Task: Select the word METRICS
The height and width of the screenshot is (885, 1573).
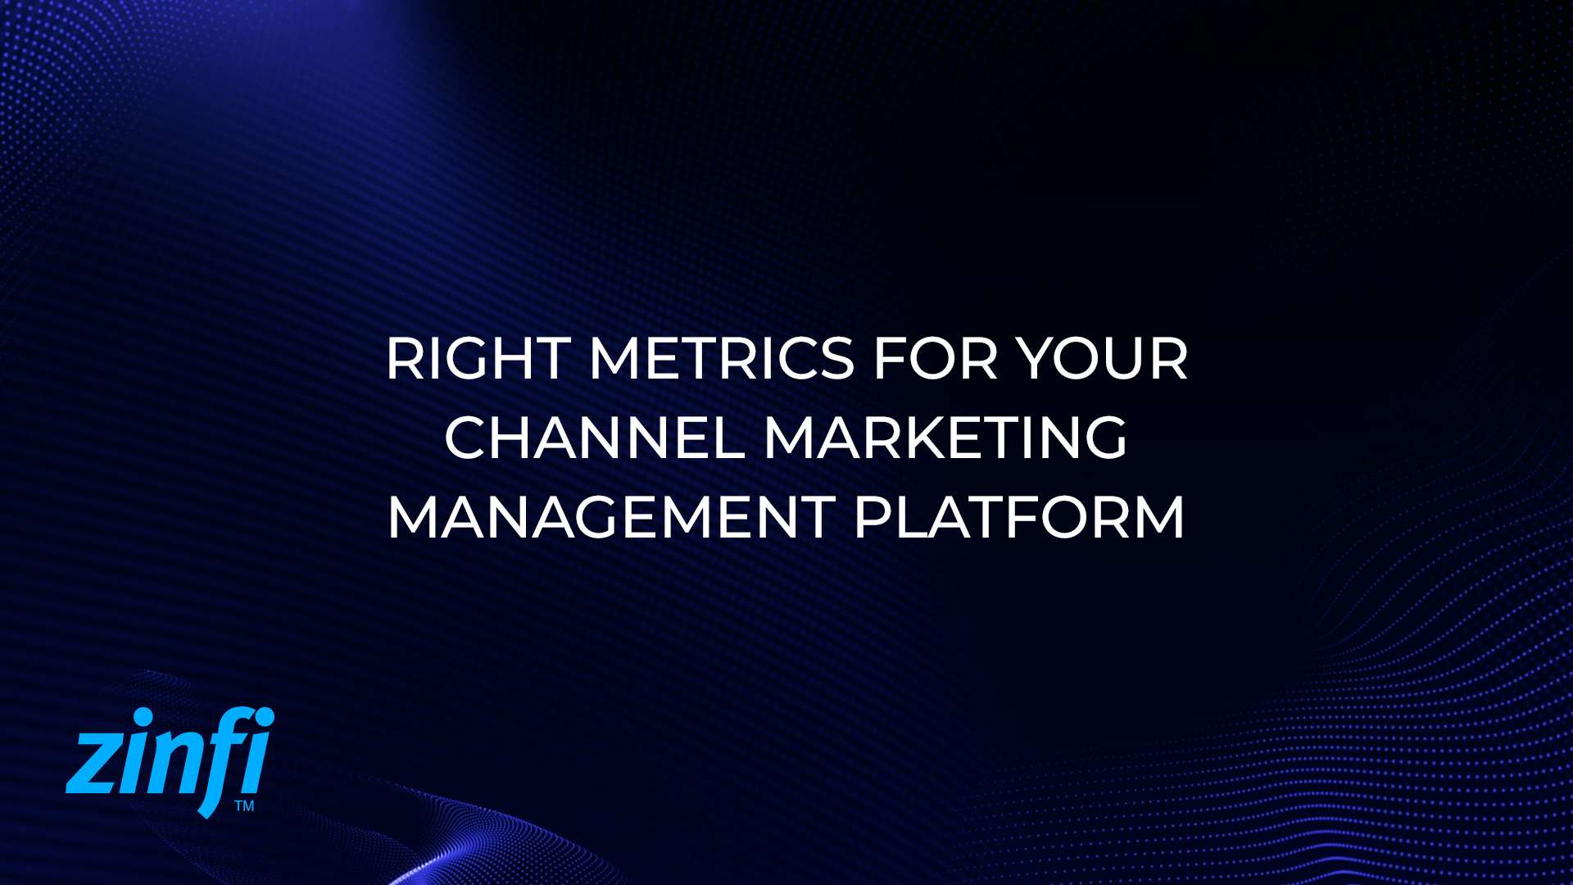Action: [x=722, y=359]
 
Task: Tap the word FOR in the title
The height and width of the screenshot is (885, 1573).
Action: [x=935, y=359]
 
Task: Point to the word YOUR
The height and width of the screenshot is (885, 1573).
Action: [x=1102, y=359]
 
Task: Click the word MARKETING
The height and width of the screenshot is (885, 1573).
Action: [x=945, y=438]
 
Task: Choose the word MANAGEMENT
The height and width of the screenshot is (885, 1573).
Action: [x=610, y=517]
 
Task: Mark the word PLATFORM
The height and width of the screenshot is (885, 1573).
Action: [x=1019, y=517]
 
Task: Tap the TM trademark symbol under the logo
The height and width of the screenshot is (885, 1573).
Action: [x=244, y=806]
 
